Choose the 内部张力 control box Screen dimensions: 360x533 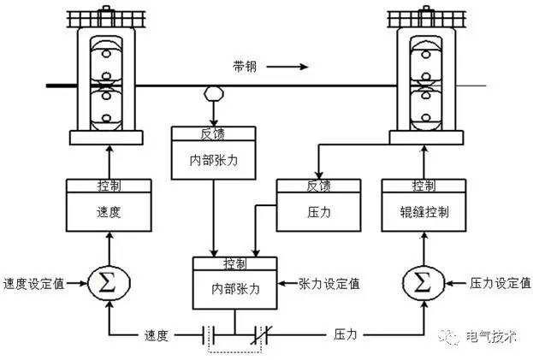click(236, 282)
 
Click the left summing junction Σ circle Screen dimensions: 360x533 click(108, 282)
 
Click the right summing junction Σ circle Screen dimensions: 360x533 click(423, 282)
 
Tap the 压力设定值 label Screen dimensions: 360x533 click(498, 283)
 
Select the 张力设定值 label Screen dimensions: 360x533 click(329, 283)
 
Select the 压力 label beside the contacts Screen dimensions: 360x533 click(346, 335)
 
